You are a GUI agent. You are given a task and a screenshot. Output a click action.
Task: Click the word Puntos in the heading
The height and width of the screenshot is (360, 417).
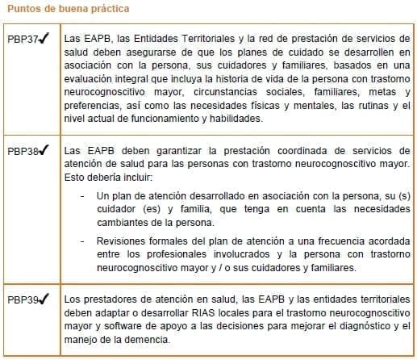click(x=22, y=9)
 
